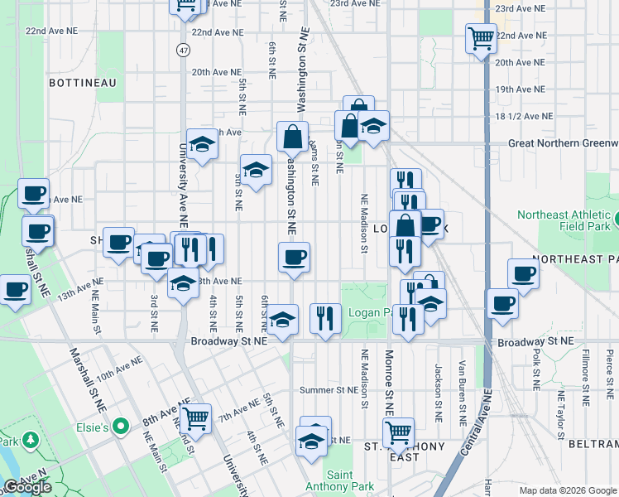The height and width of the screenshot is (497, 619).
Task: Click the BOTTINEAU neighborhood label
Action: (x=79, y=83)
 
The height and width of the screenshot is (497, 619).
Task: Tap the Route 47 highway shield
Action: (x=183, y=51)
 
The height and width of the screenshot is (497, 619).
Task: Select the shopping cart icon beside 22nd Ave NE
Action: (x=481, y=37)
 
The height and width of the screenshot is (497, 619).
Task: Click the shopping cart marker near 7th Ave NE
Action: (x=196, y=418)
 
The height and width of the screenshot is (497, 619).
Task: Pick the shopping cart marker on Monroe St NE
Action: (x=398, y=432)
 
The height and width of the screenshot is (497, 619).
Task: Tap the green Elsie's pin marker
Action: (x=121, y=427)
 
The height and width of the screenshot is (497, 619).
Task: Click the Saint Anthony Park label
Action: (x=329, y=480)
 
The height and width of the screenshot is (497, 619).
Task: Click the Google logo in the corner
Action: (x=28, y=487)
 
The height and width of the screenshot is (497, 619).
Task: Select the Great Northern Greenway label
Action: (x=563, y=142)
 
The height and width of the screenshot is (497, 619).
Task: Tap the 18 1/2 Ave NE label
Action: (x=523, y=117)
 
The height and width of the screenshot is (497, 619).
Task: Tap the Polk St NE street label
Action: (x=536, y=369)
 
